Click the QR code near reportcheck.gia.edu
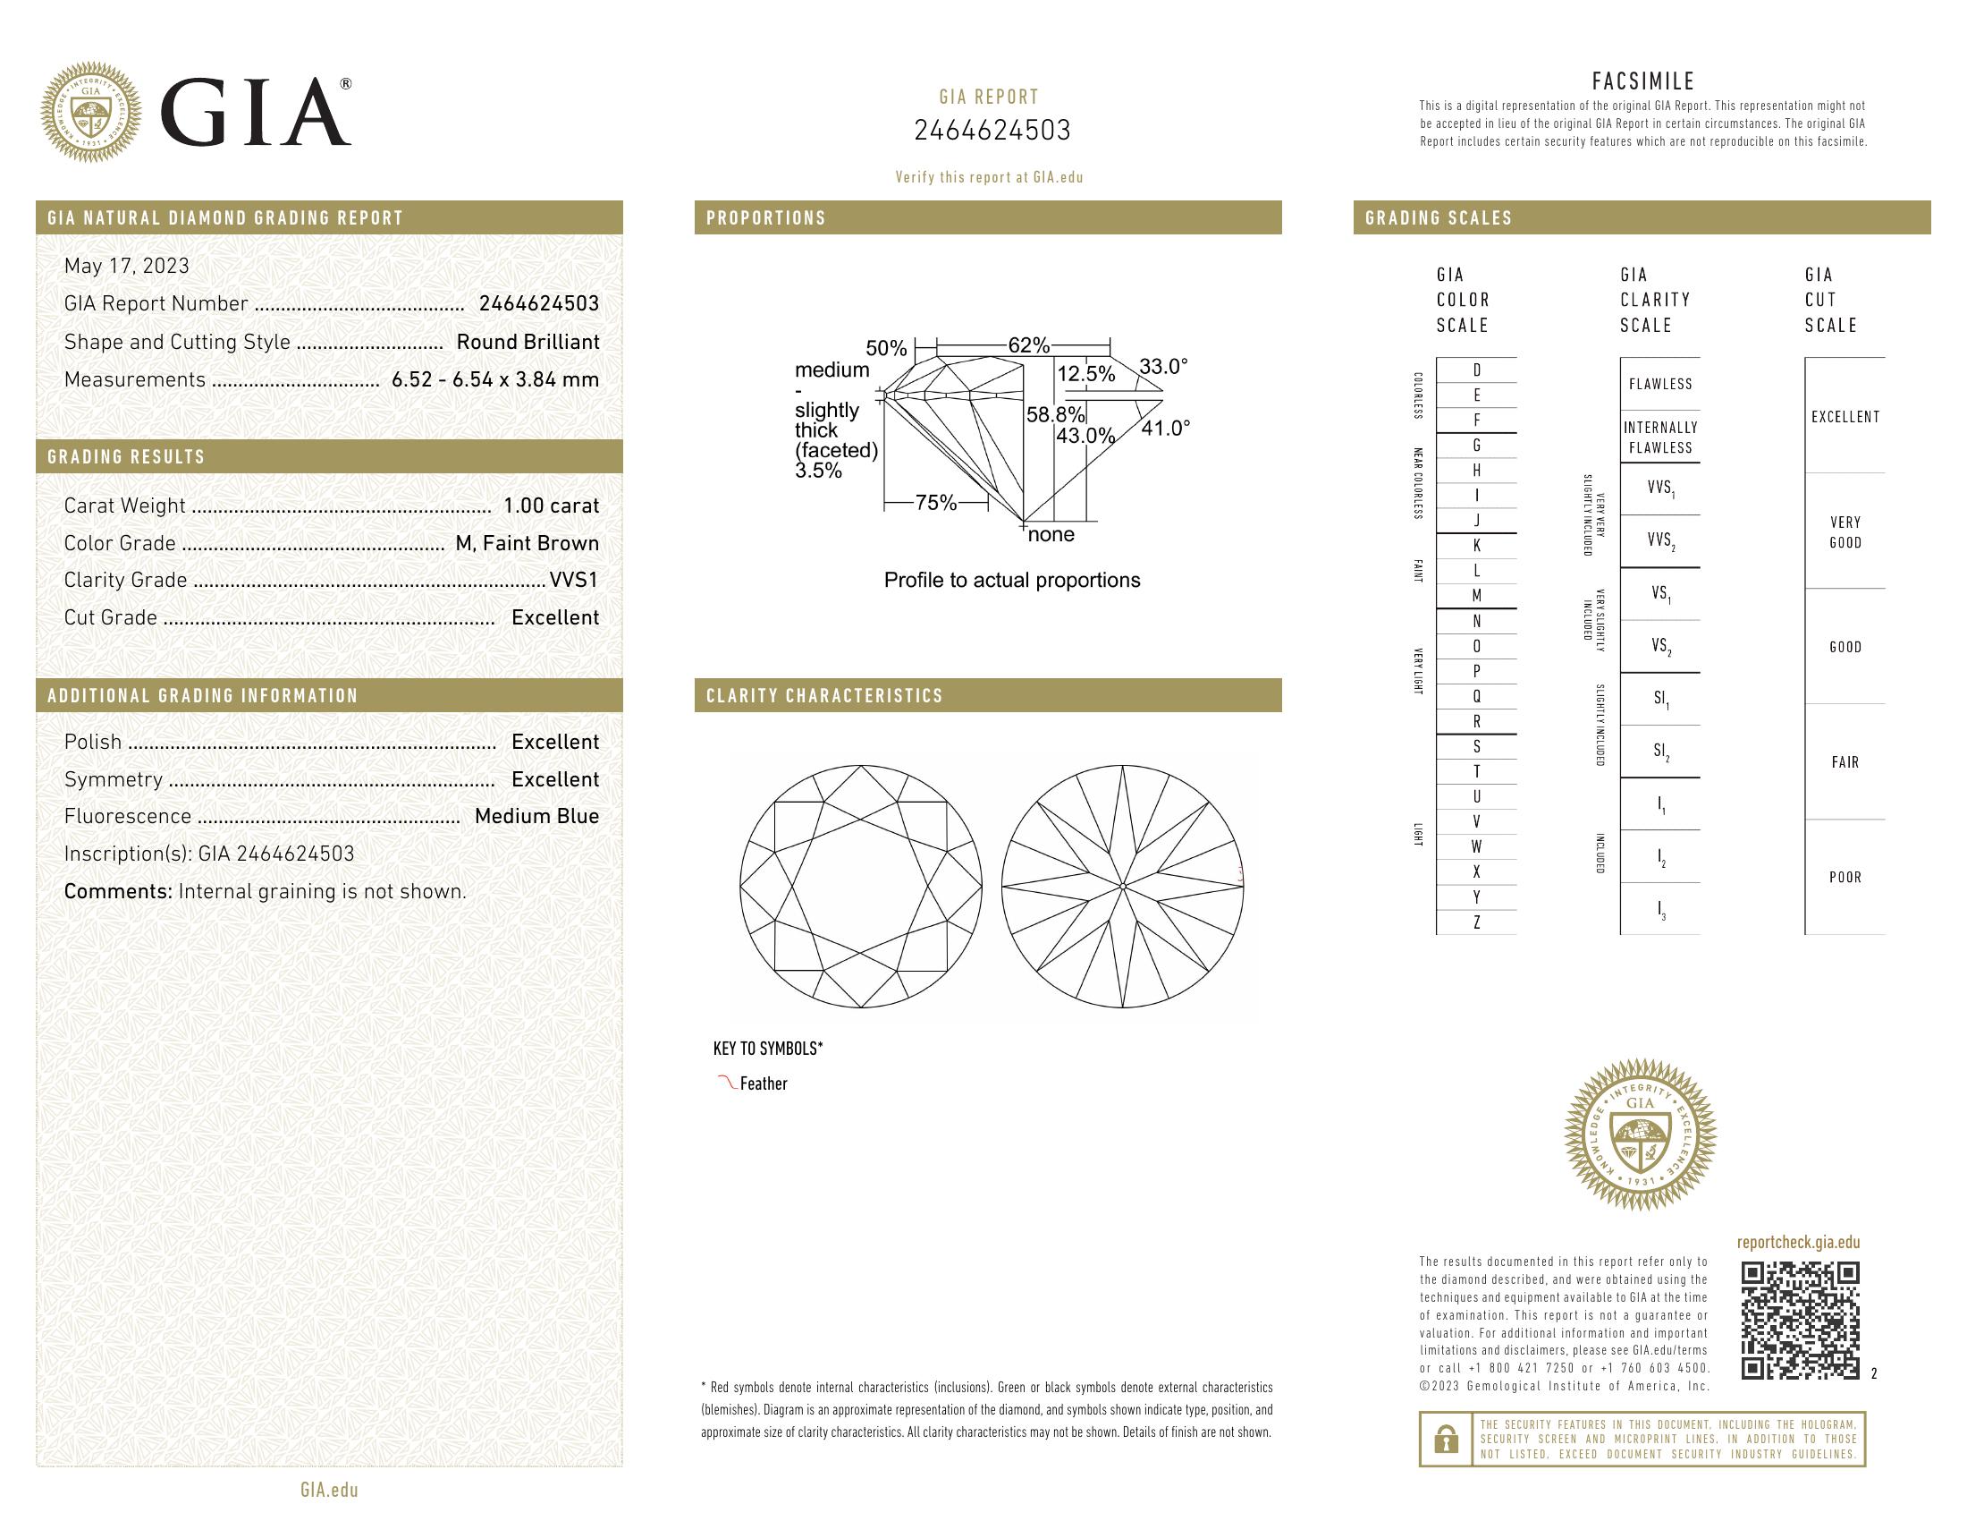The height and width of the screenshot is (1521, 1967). pos(1800,1320)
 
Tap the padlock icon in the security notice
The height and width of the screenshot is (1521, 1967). pos(1447,1439)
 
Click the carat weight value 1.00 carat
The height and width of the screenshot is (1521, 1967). pos(550,506)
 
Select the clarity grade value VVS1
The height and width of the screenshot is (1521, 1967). pos(574,581)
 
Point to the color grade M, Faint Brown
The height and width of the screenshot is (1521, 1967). pos(527,543)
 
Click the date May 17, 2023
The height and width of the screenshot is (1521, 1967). pos(127,266)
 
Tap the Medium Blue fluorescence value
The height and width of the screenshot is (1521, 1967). pos(536,816)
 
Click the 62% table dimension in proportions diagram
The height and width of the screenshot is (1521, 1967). pos(1028,345)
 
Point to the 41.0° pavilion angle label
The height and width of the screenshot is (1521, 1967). pos(1165,428)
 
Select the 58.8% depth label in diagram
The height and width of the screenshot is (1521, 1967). pos(1056,414)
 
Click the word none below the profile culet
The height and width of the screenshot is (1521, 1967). pos(1051,534)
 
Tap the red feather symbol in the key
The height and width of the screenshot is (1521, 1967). pos(726,1083)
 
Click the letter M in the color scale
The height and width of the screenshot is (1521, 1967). pos(1476,596)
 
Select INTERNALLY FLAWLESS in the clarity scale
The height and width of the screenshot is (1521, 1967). pos(1660,437)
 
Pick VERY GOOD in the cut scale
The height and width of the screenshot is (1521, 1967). pos(1845,531)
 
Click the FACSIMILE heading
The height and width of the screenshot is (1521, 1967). pos(1642,81)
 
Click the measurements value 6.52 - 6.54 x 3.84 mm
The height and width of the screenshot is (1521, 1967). pos(494,379)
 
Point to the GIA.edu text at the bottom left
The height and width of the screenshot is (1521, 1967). pos(329,1490)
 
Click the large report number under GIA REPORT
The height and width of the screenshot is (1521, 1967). pos(992,131)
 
